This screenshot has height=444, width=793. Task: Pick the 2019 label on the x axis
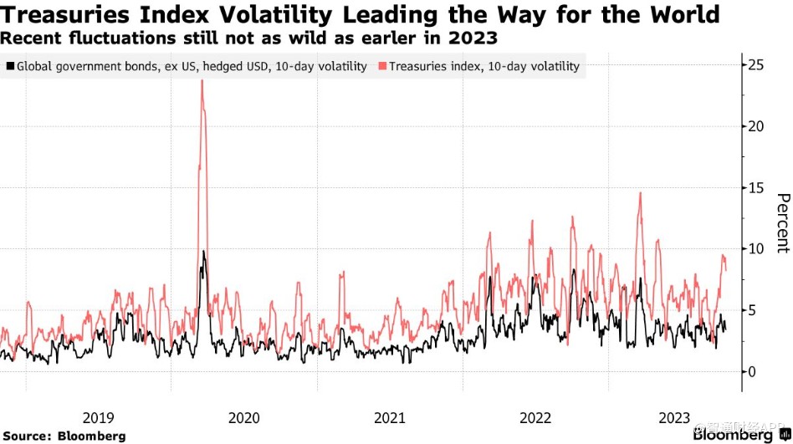coord(98,416)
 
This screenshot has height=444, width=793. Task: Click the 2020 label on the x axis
coord(243,416)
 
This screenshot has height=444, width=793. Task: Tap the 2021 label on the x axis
coord(390,416)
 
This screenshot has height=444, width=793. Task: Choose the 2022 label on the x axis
coord(536,416)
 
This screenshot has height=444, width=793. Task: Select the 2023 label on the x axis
coord(676,416)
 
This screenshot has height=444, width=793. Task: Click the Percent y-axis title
coord(782,222)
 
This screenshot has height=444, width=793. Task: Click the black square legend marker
coord(9,66)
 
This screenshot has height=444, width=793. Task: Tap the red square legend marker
coord(382,66)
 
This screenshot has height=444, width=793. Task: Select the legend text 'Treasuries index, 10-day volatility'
coord(484,66)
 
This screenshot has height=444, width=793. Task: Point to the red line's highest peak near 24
coord(202,81)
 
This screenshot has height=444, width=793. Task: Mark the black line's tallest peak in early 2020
coord(203,251)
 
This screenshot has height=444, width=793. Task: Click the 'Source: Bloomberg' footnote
coord(64,436)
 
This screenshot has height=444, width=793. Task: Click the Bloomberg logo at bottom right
coord(733,435)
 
